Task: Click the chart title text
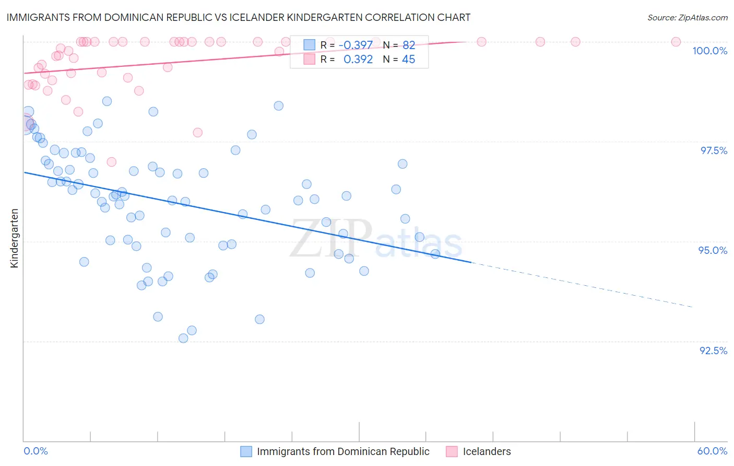239,17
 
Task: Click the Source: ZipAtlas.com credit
687,17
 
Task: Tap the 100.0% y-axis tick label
709,51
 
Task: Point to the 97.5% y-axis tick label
713,150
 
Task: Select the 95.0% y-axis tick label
713,250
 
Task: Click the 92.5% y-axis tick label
713,350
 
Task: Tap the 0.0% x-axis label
35,451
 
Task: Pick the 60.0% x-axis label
712,451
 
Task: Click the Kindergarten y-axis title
15,238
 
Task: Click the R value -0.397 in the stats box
356,45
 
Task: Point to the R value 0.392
358,60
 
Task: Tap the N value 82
409,45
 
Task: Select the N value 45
409,60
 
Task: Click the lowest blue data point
183,338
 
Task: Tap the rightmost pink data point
676,42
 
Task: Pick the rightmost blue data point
435,254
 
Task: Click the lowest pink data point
111,162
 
